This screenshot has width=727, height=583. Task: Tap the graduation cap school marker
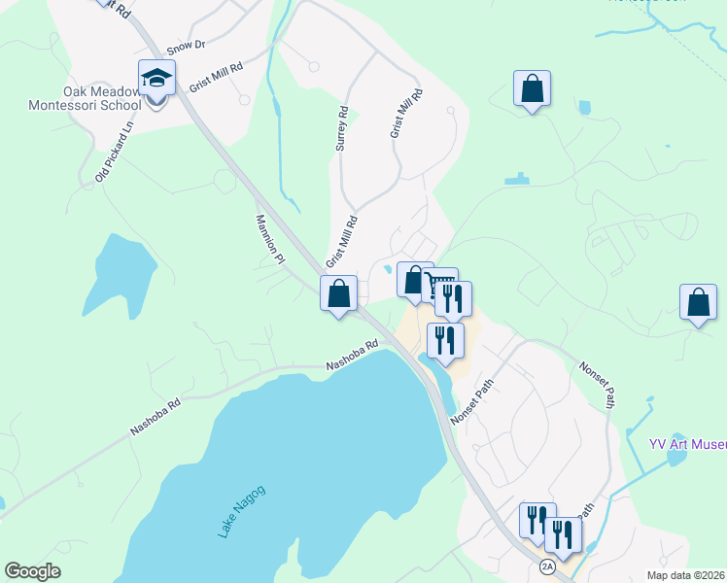point(156,78)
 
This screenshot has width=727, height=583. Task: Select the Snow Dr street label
point(187,46)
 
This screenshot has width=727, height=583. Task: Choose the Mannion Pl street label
point(269,239)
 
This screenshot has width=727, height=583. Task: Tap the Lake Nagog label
point(241,511)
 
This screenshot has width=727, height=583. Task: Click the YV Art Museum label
point(688,445)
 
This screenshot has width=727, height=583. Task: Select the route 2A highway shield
point(547,566)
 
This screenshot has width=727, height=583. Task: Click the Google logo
point(32,571)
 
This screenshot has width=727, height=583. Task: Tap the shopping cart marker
point(440,285)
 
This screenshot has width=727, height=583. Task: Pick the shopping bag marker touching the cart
point(415,281)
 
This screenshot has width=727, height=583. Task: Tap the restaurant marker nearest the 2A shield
point(563,534)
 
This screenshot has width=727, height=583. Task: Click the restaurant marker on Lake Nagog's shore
point(445,340)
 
